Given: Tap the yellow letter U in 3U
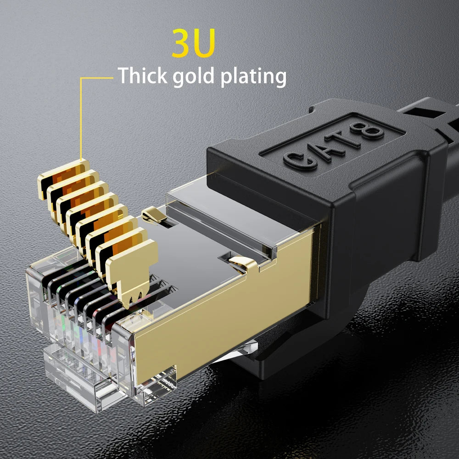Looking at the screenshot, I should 203,44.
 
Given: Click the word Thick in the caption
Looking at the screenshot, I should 142,76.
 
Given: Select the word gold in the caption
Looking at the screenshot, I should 194,77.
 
